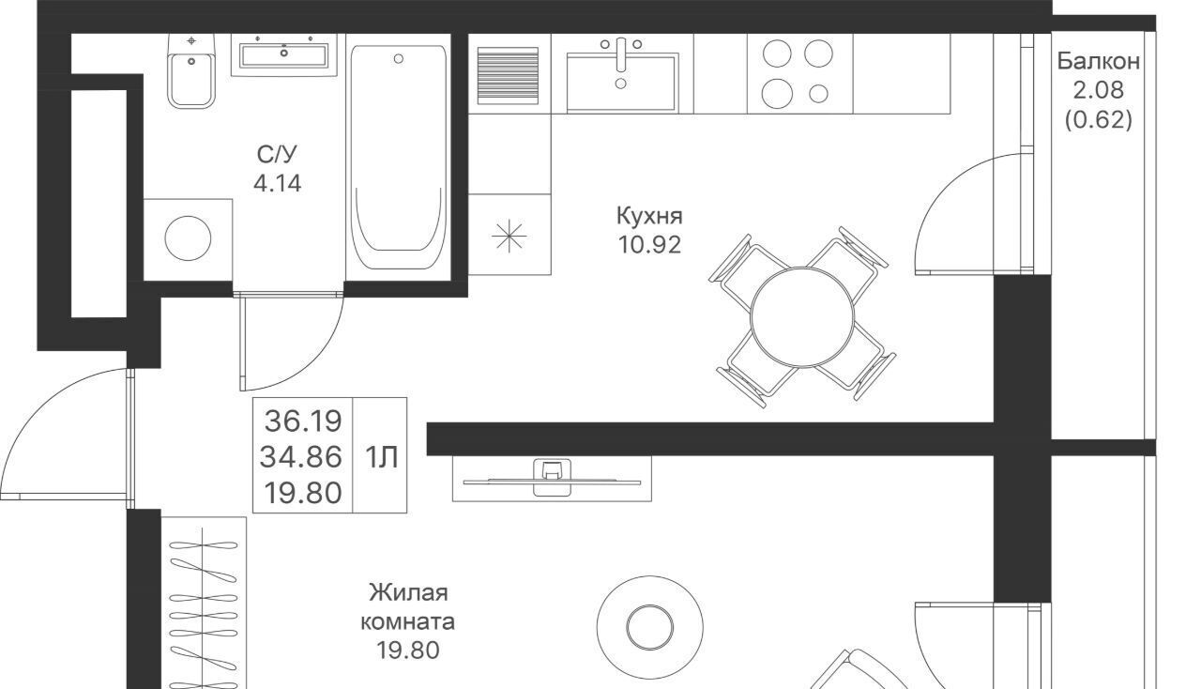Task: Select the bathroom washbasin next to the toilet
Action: point(284,54)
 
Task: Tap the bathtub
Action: point(399,157)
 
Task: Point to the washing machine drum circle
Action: point(188,238)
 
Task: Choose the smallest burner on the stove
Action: point(818,95)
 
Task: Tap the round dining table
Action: point(801,317)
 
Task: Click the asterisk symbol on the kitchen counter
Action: point(509,237)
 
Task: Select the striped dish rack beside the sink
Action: point(508,75)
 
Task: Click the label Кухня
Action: point(649,216)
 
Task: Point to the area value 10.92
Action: point(649,245)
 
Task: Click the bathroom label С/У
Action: point(277,155)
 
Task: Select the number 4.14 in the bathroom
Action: point(277,184)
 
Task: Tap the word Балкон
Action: point(1098,62)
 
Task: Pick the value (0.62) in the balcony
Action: point(1098,119)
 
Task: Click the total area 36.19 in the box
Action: point(303,421)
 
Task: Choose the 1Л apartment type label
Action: point(381,458)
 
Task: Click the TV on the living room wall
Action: point(553,478)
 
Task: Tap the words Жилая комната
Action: point(407,607)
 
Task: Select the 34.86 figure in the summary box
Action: point(301,457)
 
